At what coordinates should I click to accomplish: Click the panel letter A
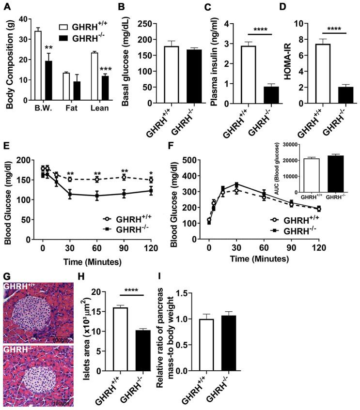(6, 6)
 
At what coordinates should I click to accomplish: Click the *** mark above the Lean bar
(106, 69)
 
